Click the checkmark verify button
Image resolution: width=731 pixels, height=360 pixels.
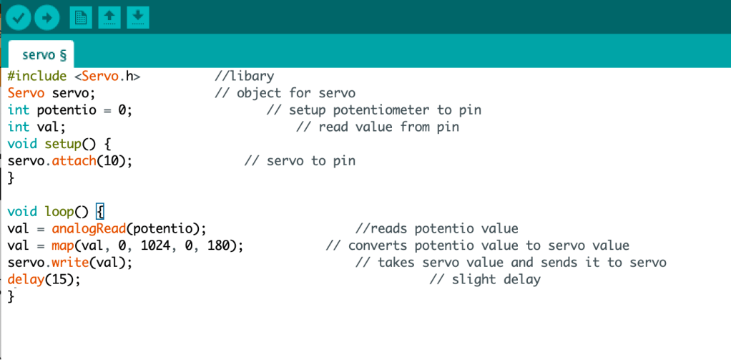coord(18,18)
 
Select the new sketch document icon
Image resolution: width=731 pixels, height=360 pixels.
coord(81,18)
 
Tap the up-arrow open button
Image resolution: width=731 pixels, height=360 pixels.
coord(109,18)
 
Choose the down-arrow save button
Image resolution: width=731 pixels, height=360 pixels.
coord(138,18)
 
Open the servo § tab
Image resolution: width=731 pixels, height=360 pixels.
coord(44,55)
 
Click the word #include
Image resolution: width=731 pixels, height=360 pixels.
coord(37,76)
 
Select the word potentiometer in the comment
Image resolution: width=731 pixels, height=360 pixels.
coord(381,110)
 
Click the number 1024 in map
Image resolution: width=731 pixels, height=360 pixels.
coord(156,245)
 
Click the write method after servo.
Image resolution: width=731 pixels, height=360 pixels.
coord(70,263)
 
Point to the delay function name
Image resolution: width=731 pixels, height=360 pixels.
coord(26,280)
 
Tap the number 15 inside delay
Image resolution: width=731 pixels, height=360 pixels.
coord(59,280)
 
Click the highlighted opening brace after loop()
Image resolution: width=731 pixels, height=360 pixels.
coord(100,212)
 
